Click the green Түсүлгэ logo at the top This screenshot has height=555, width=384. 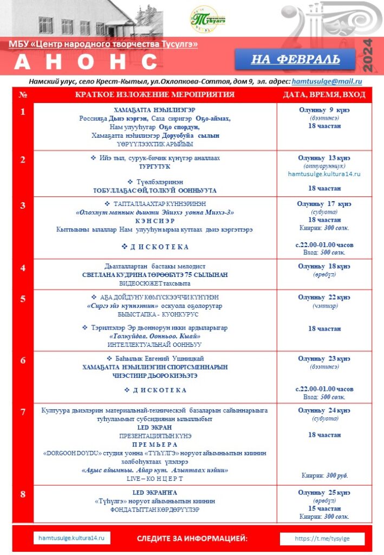(207, 19)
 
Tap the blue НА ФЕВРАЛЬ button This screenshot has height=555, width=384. (295, 59)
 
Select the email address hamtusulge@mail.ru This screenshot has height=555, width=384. (327, 81)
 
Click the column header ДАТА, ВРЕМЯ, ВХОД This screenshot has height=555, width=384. (324, 95)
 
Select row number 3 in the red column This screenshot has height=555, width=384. (23, 205)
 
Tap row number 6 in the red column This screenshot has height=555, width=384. (23, 360)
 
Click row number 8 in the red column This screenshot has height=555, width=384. (23, 494)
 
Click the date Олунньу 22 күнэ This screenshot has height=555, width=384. (324, 298)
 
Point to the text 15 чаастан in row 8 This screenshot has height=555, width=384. (324, 509)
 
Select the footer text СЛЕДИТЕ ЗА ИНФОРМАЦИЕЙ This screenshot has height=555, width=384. (192, 539)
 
